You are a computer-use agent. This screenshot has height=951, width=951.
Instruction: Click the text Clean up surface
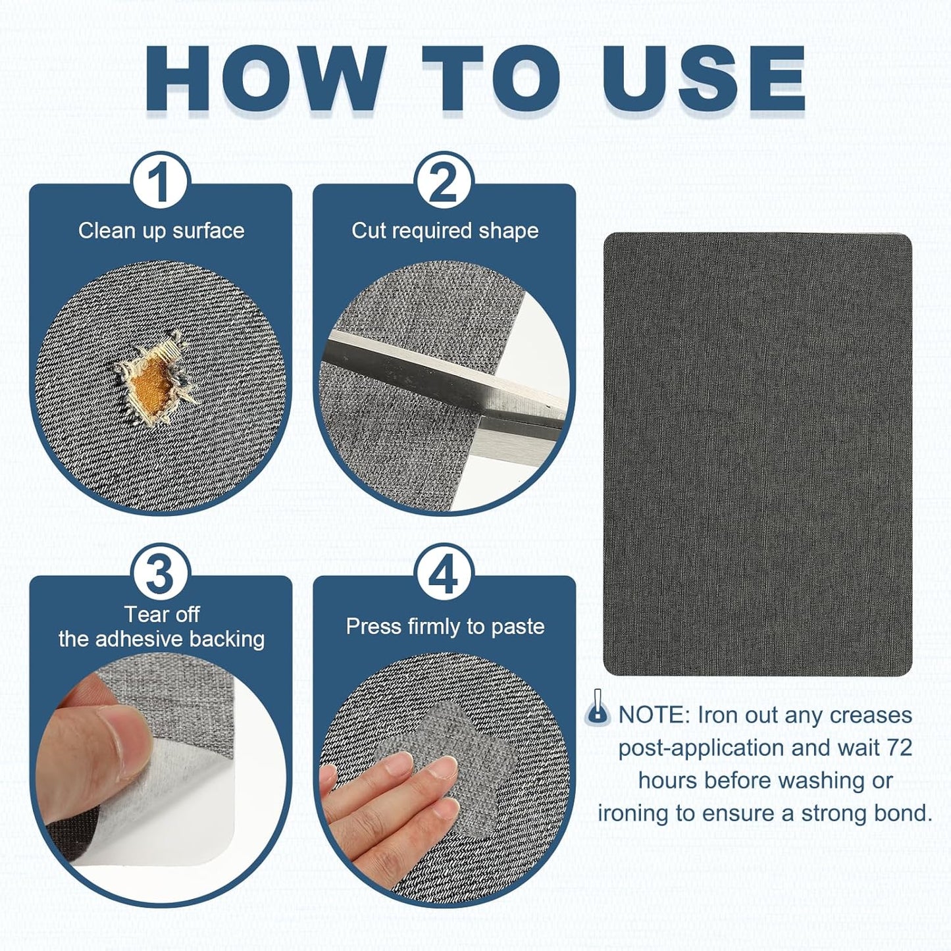click(161, 232)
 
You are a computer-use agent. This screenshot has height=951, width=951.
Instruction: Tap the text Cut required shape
click(445, 232)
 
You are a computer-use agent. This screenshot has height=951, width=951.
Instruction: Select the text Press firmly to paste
click(445, 627)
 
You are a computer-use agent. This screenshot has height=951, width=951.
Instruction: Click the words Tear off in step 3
click(162, 615)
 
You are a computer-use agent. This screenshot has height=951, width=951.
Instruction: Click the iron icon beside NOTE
click(598, 709)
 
